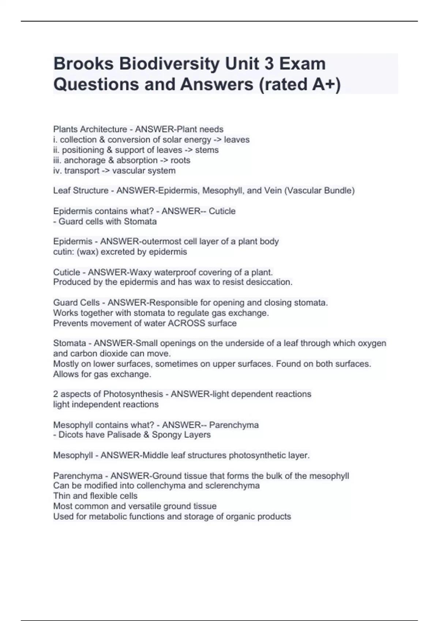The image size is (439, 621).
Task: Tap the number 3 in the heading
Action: point(269,64)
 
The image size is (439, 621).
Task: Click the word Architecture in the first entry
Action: point(104,129)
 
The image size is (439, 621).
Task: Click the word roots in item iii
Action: point(180,160)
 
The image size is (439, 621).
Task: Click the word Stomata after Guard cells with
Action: point(140,221)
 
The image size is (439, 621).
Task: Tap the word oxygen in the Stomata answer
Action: point(372,343)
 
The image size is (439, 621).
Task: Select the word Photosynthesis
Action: point(133,394)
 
